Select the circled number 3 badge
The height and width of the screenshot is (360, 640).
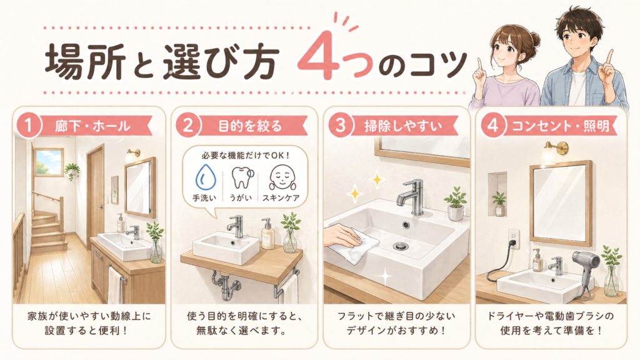[339, 125]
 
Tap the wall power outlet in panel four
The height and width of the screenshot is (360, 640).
[514, 238]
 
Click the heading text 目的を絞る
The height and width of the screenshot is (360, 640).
[250, 126]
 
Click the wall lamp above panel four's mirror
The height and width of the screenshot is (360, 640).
[549, 151]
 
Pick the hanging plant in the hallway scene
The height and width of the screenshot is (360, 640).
[72, 170]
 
